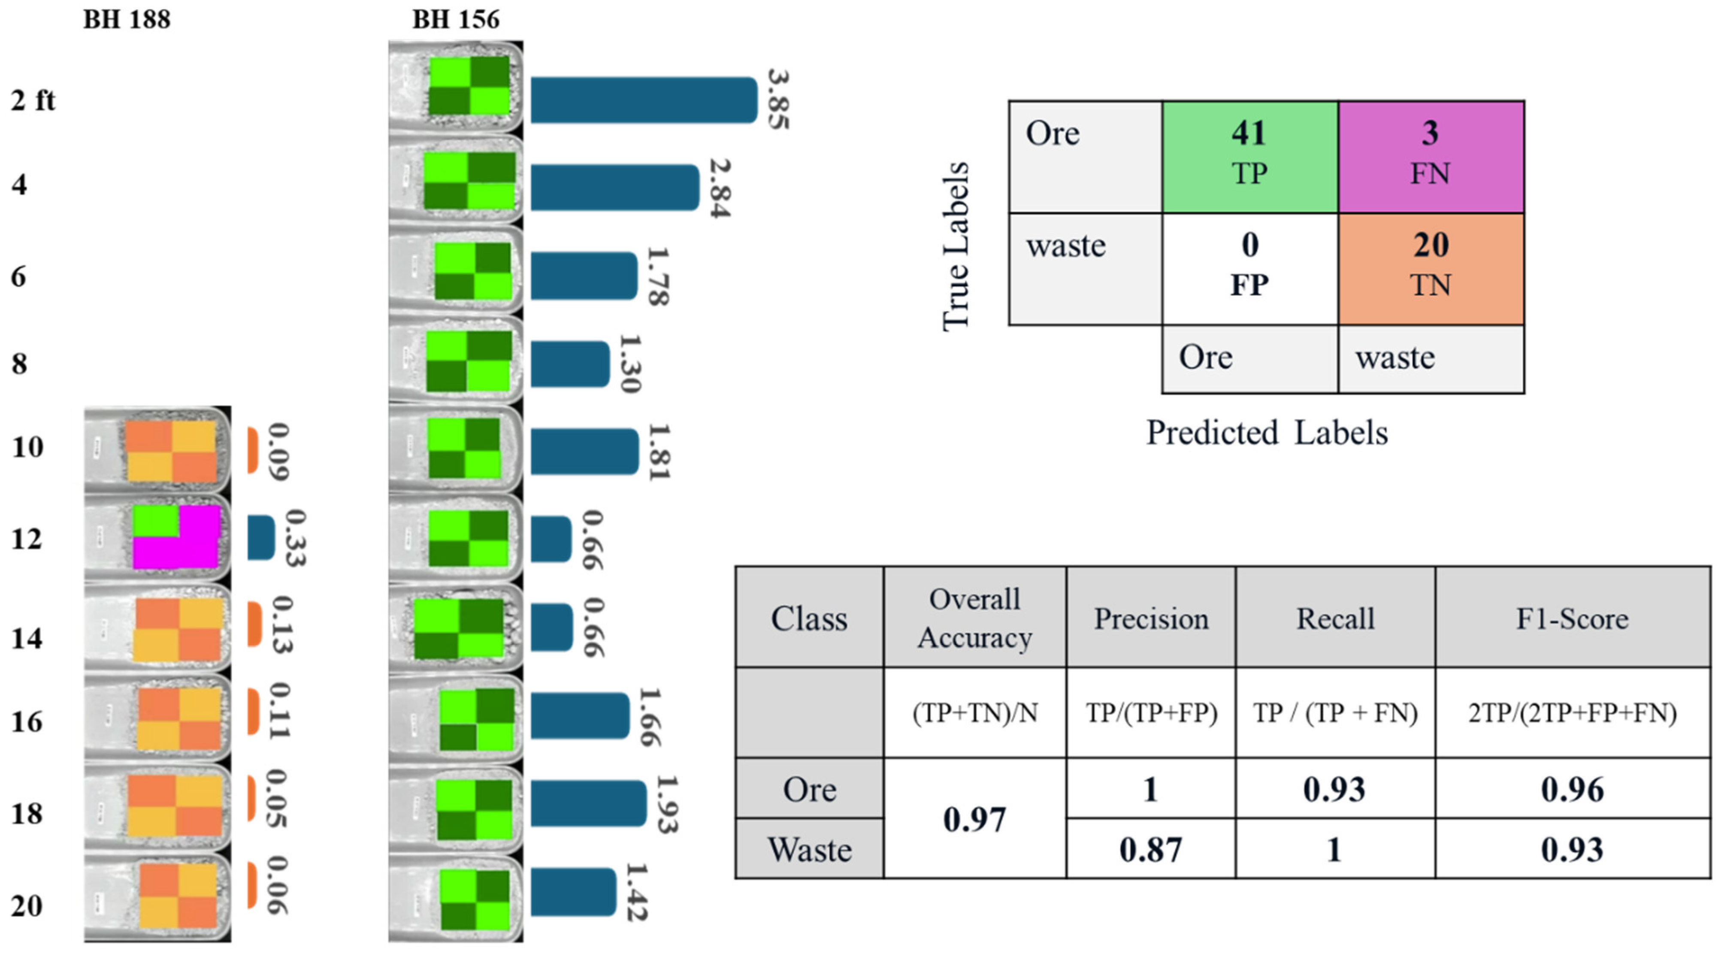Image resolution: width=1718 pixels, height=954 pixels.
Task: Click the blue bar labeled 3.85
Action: click(x=644, y=100)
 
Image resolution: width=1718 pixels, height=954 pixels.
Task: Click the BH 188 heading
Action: click(x=127, y=20)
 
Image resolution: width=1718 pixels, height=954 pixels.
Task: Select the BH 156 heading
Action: click(x=456, y=20)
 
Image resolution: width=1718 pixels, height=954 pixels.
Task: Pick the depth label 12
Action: click(x=27, y=539)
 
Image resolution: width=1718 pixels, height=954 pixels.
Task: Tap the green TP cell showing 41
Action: click(x=1249, y=157)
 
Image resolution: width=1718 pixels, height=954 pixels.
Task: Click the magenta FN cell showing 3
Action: click(x=1430, y=157)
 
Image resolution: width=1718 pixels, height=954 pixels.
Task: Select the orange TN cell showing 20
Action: click(x=1430, y=269)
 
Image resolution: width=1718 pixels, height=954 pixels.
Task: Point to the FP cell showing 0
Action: click(x=1249, y=269)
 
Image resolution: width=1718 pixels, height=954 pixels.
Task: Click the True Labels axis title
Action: click(x=956, y=247)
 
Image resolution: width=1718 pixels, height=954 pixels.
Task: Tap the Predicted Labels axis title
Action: click(x=1267, y=433)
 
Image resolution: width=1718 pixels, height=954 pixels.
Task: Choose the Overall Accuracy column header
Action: click(x=974, y=618)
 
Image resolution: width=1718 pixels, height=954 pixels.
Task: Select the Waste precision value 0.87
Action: click(x=1150, y=849)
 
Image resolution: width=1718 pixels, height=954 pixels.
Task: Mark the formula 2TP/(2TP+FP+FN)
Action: click(x=1572, y=713)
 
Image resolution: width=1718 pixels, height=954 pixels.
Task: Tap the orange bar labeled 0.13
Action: click(x=254, y=624)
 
